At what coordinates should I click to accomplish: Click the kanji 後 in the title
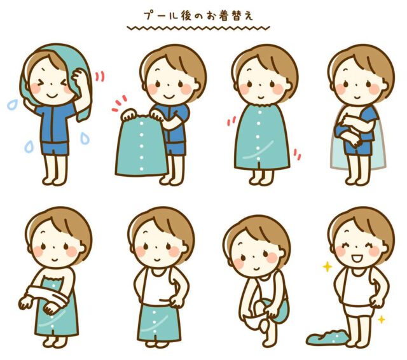pyautogui.click(x=186, y=16)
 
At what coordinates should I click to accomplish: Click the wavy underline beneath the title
pyautogui.click(x=198, y=27)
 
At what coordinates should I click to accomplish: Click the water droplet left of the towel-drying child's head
pyautogui.click(x=12, y=104)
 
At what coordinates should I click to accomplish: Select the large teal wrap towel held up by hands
pyautogui.click(x=141, y=146)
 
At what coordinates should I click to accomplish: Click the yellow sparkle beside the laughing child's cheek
pyautogui.click(x=328, y=267)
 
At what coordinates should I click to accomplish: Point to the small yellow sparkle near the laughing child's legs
pyautogui.click(x=382, y=319)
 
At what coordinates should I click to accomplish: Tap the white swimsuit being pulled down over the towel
pyautogui.click(x=48, y=295)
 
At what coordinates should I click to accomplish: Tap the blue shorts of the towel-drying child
pyautogui.click(x=55, y=148)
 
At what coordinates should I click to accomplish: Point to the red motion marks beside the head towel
pyautogui.click(x=100, y=76)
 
